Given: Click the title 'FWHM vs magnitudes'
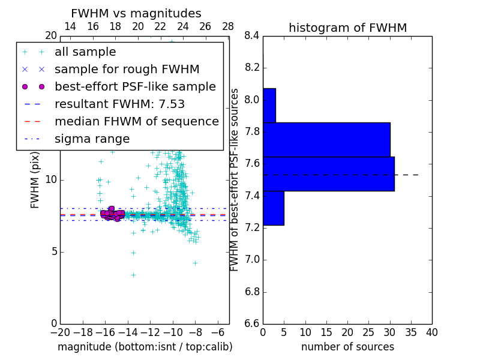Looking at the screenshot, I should coord(136,13).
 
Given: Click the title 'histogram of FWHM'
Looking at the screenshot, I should coord(347,28).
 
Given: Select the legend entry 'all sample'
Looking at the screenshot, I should coord(85,52).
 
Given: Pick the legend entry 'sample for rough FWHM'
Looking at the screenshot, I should coord(127,69).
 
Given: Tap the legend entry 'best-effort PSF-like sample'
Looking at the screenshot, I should coord(135,86).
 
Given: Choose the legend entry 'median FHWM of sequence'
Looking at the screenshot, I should coord(136,121).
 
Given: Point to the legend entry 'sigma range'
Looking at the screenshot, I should coord(92,139).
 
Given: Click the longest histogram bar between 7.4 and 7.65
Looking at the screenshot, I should coord(328,174).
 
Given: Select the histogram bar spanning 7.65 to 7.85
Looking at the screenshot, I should coord(326,140).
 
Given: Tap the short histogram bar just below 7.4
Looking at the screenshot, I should coord(273,208).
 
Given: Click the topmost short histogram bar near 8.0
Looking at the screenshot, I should coord(269,106).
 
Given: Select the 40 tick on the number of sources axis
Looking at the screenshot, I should coord(431,332).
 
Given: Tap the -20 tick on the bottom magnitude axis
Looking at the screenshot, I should coord(60,332).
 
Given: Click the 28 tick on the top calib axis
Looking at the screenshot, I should coord(228,26).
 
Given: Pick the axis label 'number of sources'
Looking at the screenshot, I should coord(347,347).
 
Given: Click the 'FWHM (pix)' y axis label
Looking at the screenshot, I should coord(35,181).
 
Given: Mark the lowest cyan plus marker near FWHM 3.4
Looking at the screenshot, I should coord(133,275).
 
